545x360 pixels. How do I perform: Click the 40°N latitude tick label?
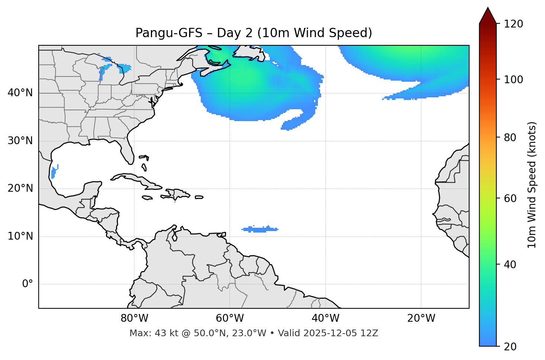coord(20,93)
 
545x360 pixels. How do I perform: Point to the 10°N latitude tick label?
coord(20,236)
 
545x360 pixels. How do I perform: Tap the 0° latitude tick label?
coord(27,284)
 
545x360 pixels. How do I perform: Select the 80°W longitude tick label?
coord(134,318)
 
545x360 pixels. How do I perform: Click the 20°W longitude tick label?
coord(421,318)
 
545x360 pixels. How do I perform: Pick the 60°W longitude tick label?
coord(230,318)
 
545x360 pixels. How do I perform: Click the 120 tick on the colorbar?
coord(513,24)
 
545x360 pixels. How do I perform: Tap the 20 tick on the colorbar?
coord(510,347)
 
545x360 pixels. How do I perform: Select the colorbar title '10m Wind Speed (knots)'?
coord(532,185)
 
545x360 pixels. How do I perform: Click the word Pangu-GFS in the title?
coord(169,33)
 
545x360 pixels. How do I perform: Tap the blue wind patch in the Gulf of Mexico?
coord(54,172)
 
